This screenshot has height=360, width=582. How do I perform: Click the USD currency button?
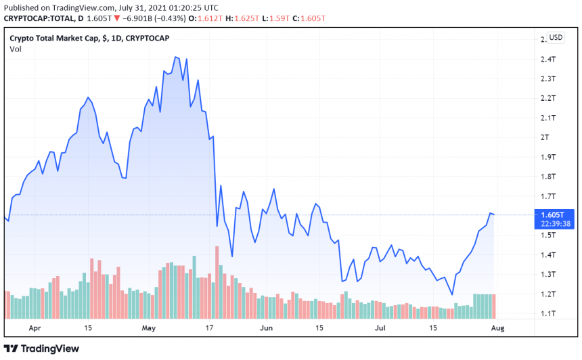click(556, 37)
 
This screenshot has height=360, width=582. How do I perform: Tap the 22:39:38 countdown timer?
click(552, 223)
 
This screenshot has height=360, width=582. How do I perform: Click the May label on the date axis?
click(149, 328)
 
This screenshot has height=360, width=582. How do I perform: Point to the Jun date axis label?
click(266, 328)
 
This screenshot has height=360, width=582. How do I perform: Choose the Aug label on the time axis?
click(497, 328)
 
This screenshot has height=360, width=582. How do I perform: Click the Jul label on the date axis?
click(380, 328)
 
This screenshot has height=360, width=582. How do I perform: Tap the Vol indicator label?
click(15, 49)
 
